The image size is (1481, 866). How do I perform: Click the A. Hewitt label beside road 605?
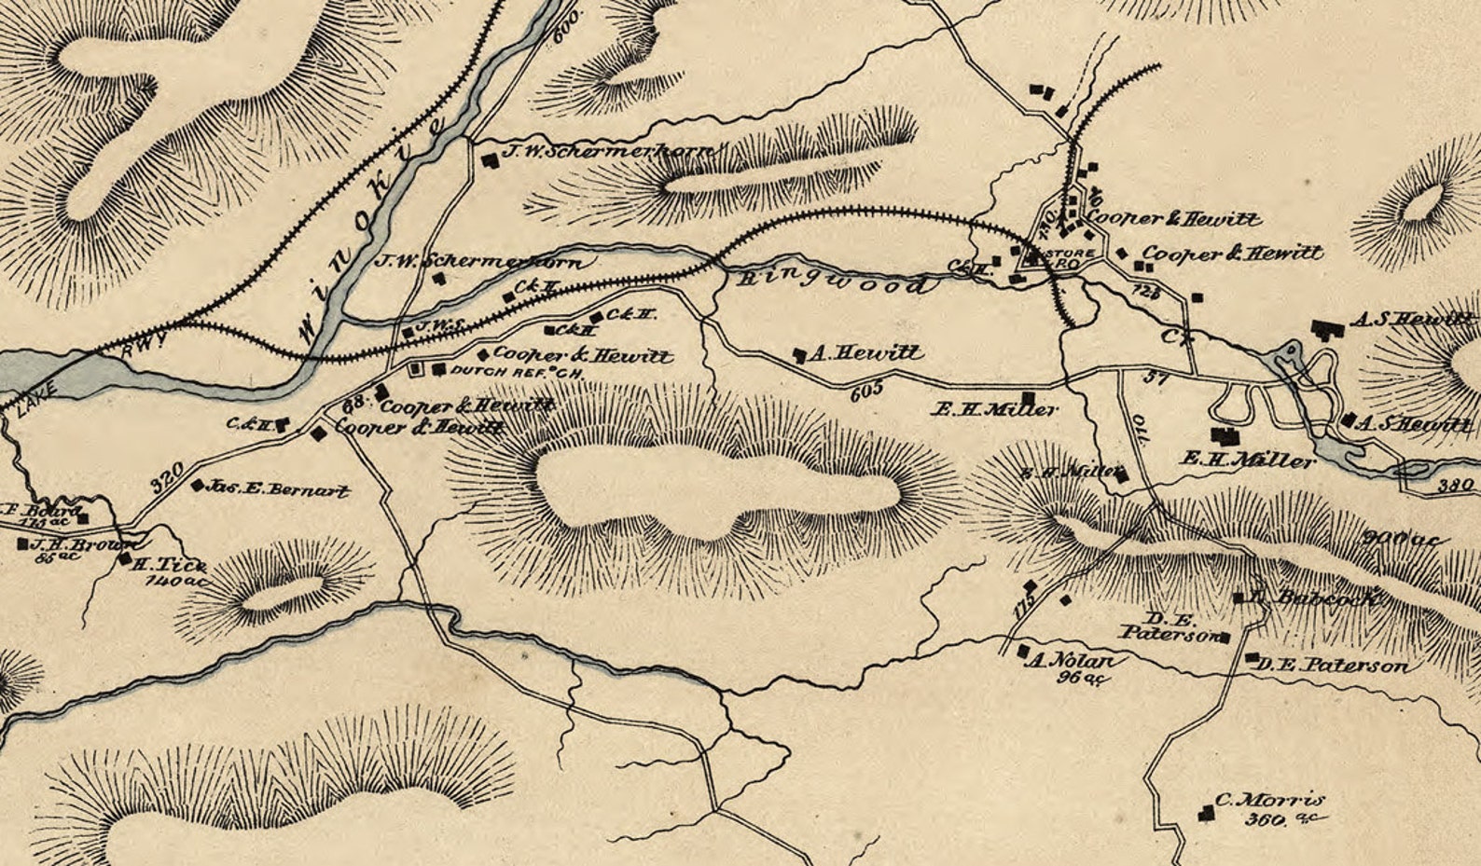(x=865, y=353)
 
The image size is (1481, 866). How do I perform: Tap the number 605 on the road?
(x=866, y=392)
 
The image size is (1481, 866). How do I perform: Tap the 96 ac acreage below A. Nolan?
(x=1082, y=678)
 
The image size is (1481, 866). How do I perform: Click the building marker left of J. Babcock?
(x=1239, y=598)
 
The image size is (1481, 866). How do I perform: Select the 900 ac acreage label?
(x=1402, y=539)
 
